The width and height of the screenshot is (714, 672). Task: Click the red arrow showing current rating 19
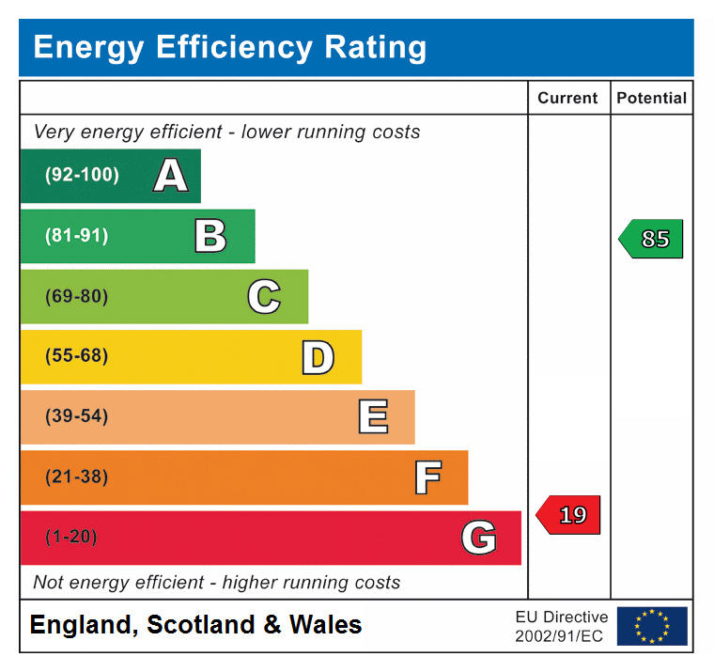coord(568,515)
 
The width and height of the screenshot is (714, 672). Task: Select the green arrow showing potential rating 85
coord(652,239)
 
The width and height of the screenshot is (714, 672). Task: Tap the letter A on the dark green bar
coord(170,176)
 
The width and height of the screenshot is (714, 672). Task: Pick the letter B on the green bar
coord(210,236)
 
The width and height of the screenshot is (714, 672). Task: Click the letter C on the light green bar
coord(264,297)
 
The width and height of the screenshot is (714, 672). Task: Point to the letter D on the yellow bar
coord(318,357)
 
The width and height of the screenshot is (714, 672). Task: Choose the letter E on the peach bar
coord(373,417)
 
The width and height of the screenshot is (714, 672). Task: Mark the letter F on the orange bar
coord(427,477)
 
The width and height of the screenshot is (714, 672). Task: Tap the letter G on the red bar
coord(478,538)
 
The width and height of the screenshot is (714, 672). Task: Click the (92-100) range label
coord(82,175)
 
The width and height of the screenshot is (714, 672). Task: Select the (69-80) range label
coord(76,296)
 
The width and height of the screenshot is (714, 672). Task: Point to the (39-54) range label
coord(76,416)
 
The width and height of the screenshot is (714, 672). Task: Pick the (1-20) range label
coord(71,537)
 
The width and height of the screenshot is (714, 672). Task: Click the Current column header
coord(567,98)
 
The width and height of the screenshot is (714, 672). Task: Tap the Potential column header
coord(651,98)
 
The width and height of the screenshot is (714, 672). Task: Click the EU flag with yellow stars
coord(652,626)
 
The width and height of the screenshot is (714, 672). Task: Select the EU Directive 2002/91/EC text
coord(561,626)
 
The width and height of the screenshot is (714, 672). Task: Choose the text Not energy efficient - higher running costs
coord(216,583)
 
